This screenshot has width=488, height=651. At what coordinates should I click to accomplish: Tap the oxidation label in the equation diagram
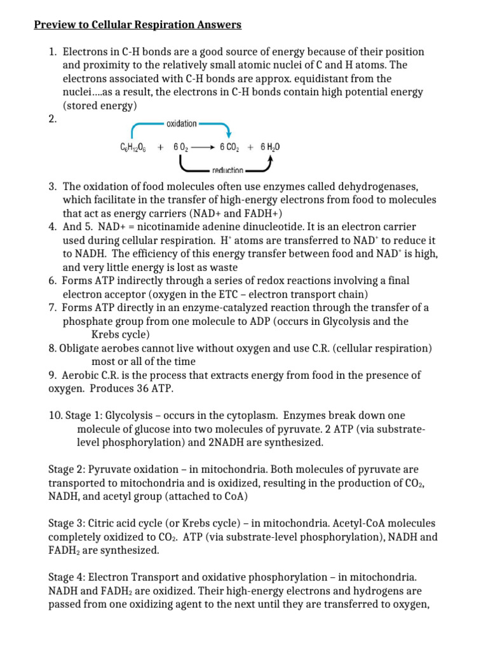pyautogui.click(x=181, y=124)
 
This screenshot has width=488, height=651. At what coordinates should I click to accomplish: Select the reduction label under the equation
pyautogui.click(x=226, y=170)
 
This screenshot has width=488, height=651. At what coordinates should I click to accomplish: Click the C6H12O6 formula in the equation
pyautogui.click(x=133, y=147)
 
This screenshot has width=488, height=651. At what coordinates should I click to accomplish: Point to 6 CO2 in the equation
pyautogui.click(x=233, y=147)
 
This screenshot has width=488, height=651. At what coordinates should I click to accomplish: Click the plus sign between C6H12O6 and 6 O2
pyautogui.click(x=160, y=147)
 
